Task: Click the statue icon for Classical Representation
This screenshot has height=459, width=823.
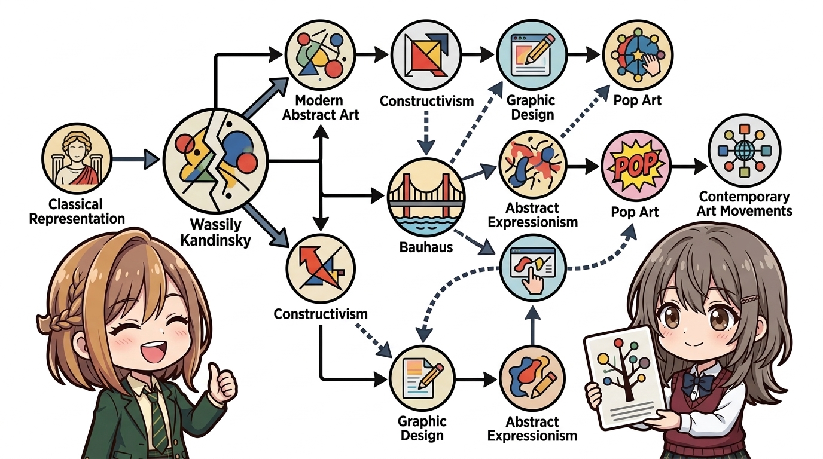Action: [x=77, y=158]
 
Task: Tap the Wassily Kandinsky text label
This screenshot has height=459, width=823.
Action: [x=216, y=232]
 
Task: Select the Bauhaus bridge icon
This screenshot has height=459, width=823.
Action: [x=426, y=197]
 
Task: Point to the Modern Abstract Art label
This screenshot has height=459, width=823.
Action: [x=320, y=107]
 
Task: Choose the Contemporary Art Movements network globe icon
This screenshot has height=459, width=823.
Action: [x=745, y=151]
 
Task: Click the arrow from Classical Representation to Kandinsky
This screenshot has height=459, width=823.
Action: [x=135, y=159]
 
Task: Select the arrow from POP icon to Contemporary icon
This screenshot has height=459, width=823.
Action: [x=689, y=166]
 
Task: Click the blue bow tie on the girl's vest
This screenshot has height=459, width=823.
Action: [x=697, y=382]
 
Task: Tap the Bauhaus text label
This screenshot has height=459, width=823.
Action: [x=426, y=247]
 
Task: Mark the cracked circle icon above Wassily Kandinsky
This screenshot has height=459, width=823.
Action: [x=216, y=160]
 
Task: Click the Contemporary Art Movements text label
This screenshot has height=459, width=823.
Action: [x=745, y=204]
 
